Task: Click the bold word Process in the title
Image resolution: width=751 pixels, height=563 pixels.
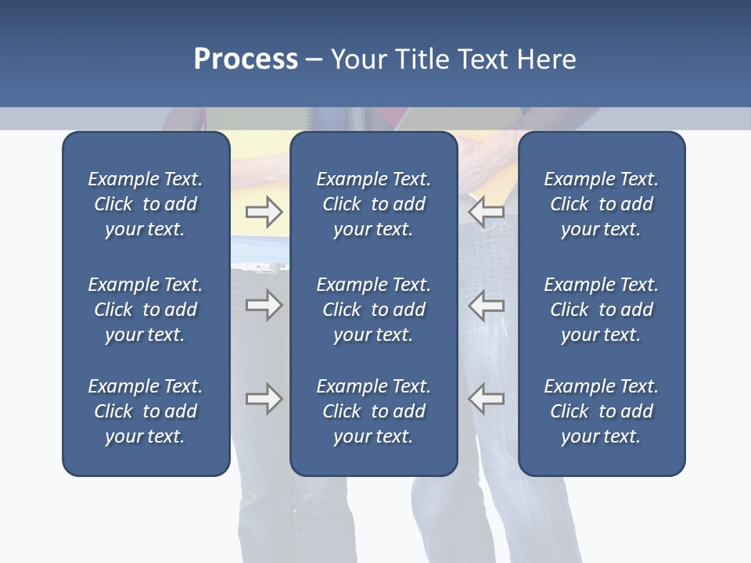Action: pyautogui.click(x=246, y=59)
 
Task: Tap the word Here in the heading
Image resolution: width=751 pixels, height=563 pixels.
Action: pyautogui.click(x=545, y=59)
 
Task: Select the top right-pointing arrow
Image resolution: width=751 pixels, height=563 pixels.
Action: pyautogui.click(x=264, y=212)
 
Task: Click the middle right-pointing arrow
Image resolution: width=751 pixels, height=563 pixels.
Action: pyautogui.click(x=264, y=305)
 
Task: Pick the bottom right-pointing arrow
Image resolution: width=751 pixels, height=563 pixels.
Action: pyautogui.click(x=264, y=399)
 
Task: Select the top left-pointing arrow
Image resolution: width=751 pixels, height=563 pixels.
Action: pyautogui.click(x=487, y=212)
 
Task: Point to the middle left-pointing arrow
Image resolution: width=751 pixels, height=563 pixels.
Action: pyautogui.click(x=487, y=305)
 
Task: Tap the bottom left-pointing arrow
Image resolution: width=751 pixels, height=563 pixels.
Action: pyautogui.click(x=487, y=399)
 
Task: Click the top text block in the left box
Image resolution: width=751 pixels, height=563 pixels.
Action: pyautogui.click(x=146, y=204)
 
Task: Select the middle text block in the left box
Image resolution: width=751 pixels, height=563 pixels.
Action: pyautogui.click(x=146, y=310)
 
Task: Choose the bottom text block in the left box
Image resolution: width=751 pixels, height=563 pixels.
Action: pyautogui.click(x=146, y=411)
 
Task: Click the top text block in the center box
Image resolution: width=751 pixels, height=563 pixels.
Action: pyautogui.click(x=373, y=204)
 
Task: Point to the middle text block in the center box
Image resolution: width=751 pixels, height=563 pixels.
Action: pyautogui.click(x=373, y=310)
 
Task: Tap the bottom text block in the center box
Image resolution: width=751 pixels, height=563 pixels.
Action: pyautogui.click(x=373, y=411)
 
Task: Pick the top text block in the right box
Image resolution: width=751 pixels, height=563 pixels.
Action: pyautogui.click(x=601, y=204)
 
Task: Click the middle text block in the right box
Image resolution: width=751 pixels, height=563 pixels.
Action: pyautogui.click(x=601, y=310)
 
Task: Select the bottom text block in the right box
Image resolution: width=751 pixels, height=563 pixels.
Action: pyautogui.click(x=601, y=411)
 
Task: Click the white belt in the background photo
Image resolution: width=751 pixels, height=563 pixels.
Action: pyautogui.click(x=260, y=267)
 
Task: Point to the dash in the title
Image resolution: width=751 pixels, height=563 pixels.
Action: pyautogui.click(x=314, y=60)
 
